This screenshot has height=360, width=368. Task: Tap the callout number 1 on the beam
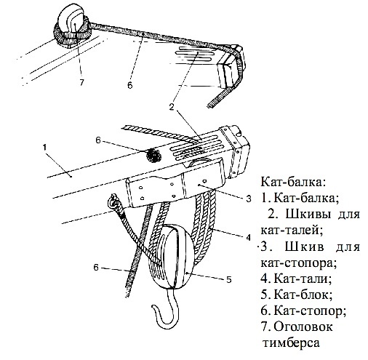pos(44,148)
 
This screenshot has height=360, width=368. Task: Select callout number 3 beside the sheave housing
pos(249,199)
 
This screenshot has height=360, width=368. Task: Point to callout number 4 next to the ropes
pos(248,238)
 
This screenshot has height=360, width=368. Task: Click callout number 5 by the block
pos(229,280)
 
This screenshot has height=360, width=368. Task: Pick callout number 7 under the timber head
pos(81,82)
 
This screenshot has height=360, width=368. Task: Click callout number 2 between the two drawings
pos(172,107)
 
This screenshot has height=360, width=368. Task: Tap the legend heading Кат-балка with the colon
pos(293,182)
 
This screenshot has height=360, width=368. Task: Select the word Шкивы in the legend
pos(308,215)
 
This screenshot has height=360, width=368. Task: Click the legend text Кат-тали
pos(303,279)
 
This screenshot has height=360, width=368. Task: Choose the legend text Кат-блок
pos(303,295)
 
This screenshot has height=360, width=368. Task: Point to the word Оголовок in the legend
pos(303,327)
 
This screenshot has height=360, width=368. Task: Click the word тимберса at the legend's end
pos(291,343)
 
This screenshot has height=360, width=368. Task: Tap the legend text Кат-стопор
pos(310,311)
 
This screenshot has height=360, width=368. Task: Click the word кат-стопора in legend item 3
pos(299,263)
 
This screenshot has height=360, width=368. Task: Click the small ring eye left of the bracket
pos(113,201)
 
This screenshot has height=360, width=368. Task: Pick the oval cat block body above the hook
pos(172,257)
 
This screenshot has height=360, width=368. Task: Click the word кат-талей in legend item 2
pos(292,231)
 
